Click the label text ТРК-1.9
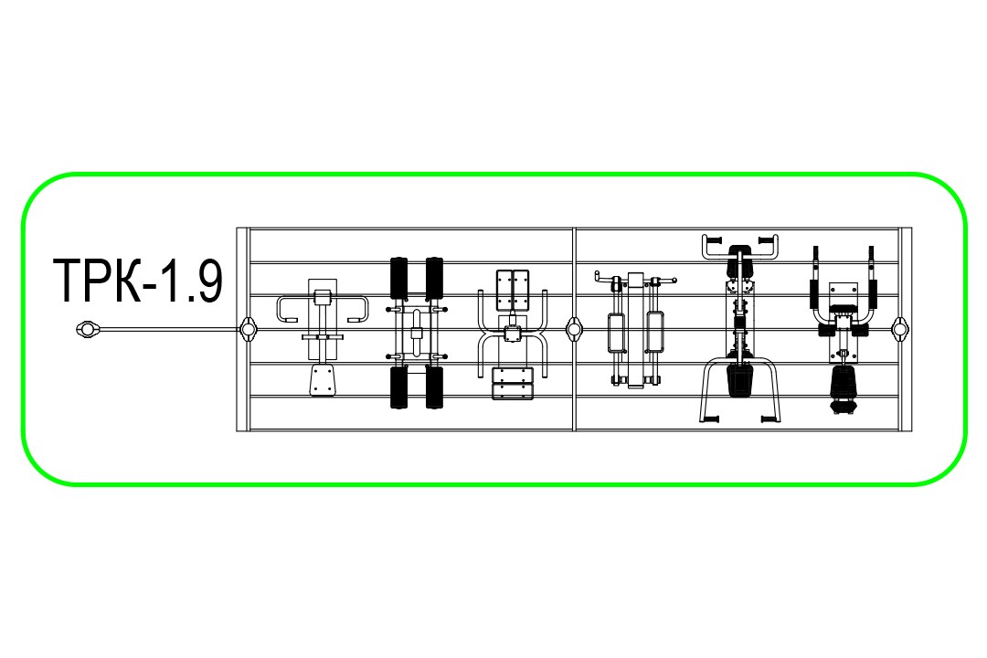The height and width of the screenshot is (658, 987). pos(138,281)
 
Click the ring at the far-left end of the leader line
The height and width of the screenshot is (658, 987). pos(88,329)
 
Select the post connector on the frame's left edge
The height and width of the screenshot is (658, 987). pos(248,329)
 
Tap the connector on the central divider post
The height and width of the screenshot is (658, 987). pos(574,329)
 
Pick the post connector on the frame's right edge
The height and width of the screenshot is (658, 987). pos(901,329)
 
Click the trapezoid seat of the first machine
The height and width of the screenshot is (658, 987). pos(323,380)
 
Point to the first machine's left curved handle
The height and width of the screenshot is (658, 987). pos(288,309)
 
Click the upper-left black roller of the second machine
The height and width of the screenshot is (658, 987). pos(398,278)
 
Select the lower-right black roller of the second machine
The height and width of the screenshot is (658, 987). pos(434,387)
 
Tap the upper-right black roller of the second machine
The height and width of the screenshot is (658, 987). pos(434,278)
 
